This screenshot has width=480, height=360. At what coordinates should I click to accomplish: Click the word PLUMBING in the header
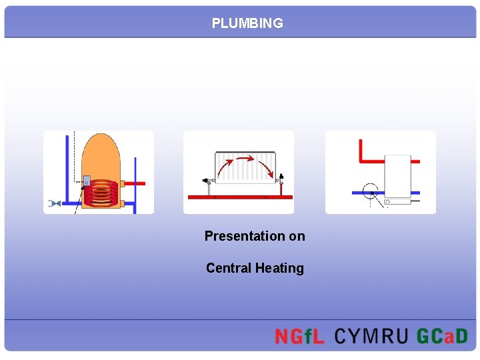point(247,23)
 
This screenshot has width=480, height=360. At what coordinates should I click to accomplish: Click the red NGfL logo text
point(299,336)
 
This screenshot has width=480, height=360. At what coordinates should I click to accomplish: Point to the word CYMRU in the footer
point(371,336)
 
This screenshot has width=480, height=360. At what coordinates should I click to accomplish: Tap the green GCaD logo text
point(442,336)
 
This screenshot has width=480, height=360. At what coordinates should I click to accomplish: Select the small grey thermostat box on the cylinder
point(87,181)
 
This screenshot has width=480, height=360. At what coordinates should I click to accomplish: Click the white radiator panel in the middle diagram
point(244,168)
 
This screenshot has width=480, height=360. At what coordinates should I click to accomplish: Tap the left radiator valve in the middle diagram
point(207,179)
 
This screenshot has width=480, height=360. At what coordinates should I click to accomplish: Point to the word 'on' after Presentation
point(297,236)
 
